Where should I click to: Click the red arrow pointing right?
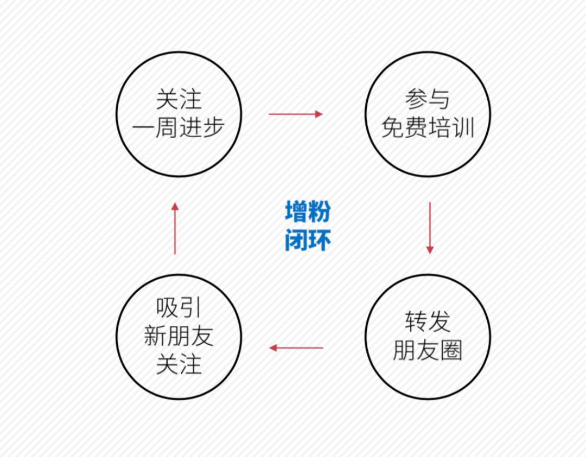tap(296, 114)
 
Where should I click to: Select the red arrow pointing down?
tap(430, 228)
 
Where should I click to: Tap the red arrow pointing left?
tap(296, 347)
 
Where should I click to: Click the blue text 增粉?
tap(308, 212)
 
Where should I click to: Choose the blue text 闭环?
tap(308, 240)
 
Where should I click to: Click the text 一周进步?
tap(179, 128)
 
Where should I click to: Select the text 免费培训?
tap(428, 128)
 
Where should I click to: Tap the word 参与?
tap(428, 100)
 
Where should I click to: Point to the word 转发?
tap(428, 322)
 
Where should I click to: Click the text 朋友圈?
tap(428, 351)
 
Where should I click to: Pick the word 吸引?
tap(179, 308)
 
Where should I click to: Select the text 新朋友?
tap(179, 336)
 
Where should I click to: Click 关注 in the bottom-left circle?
tap(179, 364)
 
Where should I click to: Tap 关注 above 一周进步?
tap(179, 100)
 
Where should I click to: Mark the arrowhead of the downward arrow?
tap(430, 250)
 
